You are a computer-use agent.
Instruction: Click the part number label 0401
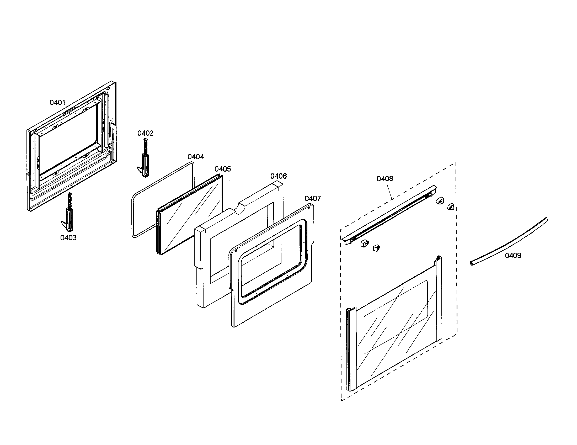57,102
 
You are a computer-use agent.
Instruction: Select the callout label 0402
145,133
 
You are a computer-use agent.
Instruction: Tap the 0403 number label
68,237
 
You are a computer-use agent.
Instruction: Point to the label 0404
196,157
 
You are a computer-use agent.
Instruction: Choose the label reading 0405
223,169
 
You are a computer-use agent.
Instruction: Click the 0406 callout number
279,176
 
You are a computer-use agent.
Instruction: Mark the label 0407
313,198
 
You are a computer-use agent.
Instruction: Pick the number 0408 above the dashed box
385,179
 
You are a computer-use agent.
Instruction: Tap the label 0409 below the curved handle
513,255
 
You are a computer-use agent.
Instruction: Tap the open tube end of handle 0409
472,263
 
